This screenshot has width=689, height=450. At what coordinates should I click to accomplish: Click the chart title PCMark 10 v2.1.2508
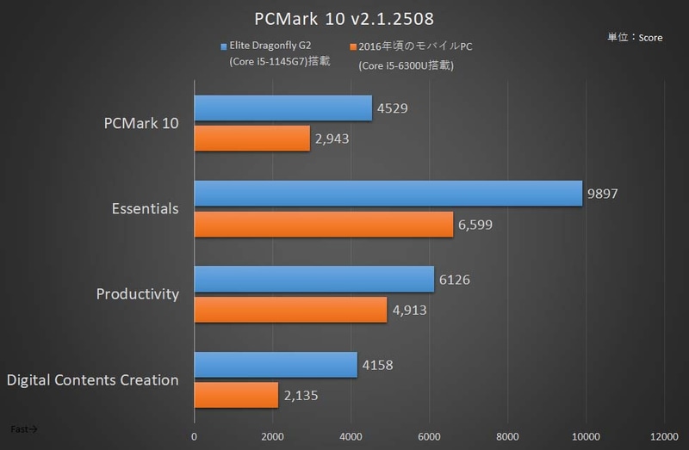coord(344,19)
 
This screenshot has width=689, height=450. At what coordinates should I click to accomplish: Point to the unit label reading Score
coord(636,39)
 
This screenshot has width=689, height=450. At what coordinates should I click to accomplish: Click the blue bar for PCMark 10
coord(283,108)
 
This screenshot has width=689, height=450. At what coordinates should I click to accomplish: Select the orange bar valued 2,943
coord(251,139)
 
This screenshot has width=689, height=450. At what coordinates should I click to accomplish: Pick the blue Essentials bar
coord(388,194)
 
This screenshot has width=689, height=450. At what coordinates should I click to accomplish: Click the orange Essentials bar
coord(324,224)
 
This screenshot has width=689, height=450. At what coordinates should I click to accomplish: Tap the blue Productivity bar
coord(314,279)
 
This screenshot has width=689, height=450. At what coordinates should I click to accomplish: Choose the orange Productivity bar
coord(290,309)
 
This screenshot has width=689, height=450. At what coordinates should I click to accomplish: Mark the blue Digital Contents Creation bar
coord(276,364)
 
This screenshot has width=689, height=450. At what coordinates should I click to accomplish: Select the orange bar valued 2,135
coord(236,394)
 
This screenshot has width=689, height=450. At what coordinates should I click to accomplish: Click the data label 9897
coord(604,194)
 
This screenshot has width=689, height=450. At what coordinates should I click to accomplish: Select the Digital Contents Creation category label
coord(92,379)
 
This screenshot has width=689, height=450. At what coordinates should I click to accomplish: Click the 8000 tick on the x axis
coord(507,435)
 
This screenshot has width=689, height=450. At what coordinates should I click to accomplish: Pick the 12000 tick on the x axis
coord(663,435)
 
